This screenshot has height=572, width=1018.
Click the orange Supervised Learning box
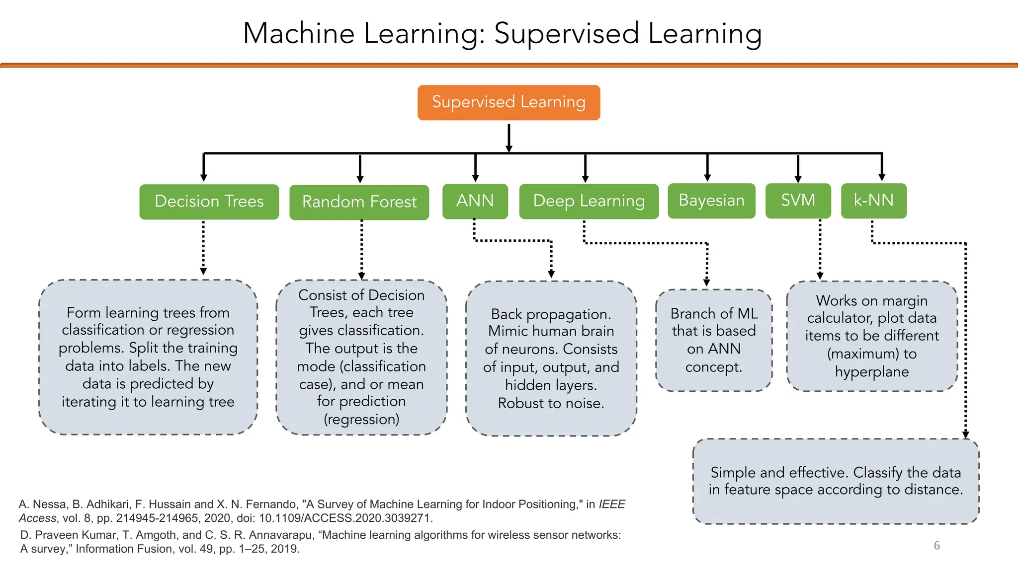[509, 102]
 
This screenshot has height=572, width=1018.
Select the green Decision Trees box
[209, 202]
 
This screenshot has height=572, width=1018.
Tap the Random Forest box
[359, 202]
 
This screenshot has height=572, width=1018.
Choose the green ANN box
[475, 201]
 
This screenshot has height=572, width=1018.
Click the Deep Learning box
[589, 201]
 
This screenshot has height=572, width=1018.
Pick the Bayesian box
[711, 201]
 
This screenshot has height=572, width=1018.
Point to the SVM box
[798, 201]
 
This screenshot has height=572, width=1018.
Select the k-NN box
[873, 201]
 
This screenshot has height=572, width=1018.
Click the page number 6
[936, 546]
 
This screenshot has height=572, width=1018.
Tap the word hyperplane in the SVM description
[872, 372]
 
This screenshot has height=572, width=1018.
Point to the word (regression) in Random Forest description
[361, 420]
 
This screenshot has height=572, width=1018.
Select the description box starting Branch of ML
[713, 341]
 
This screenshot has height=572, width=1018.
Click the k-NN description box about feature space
[836, 481]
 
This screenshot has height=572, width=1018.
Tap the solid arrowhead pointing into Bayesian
[707, 177]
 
